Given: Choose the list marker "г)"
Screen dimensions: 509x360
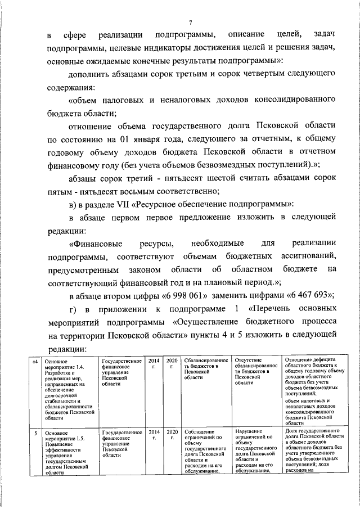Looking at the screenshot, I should (73, 309).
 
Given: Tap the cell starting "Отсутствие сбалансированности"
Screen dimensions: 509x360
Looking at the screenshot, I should (256, 371).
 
